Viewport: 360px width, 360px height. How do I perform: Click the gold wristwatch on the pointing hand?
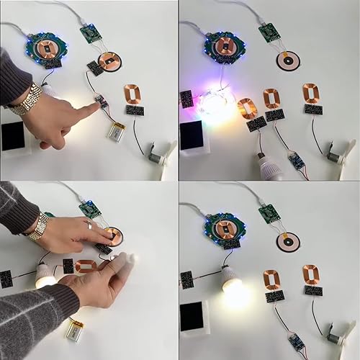click(27, 99)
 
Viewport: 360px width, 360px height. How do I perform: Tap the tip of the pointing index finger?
click(96, 106)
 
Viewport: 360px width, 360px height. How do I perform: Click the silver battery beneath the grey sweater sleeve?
click(74, 330)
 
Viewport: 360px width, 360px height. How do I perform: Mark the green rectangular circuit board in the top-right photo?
click(269, 32)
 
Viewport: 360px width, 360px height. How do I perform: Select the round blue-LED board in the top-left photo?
click(46, 48)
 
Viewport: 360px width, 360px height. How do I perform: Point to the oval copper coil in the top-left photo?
click(132, 94)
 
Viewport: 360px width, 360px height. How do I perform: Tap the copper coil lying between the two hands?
click(86, 266)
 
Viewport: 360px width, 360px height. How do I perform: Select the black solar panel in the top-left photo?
click(13, 135)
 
